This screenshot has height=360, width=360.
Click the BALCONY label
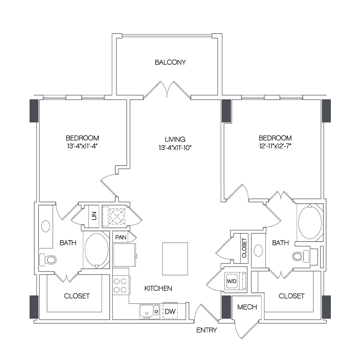(x=170, y=62)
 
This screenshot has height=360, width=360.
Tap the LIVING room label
(x=175, y=139)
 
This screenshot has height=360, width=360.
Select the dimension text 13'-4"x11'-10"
(x=175, y=147)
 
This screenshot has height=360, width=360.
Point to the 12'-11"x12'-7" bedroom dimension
(x=275, y=146)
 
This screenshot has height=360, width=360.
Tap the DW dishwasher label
(x=170, y=311)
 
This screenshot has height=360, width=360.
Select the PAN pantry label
(x=121, y=237)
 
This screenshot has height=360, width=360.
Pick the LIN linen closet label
(x=94, y=216)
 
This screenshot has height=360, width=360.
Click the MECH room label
(x=247, y=307)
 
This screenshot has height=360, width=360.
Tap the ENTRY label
(x=207, y=330)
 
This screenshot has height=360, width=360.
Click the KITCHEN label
(x=158, y=288)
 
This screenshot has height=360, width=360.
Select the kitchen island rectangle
(x=175, y=259)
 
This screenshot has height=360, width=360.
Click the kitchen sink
(x=150, y=311)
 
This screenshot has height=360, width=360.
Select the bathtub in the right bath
(x=310, y=223)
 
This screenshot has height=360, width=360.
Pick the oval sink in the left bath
(x=46, y=226)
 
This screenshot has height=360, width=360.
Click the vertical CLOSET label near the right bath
(x=244, y=248)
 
